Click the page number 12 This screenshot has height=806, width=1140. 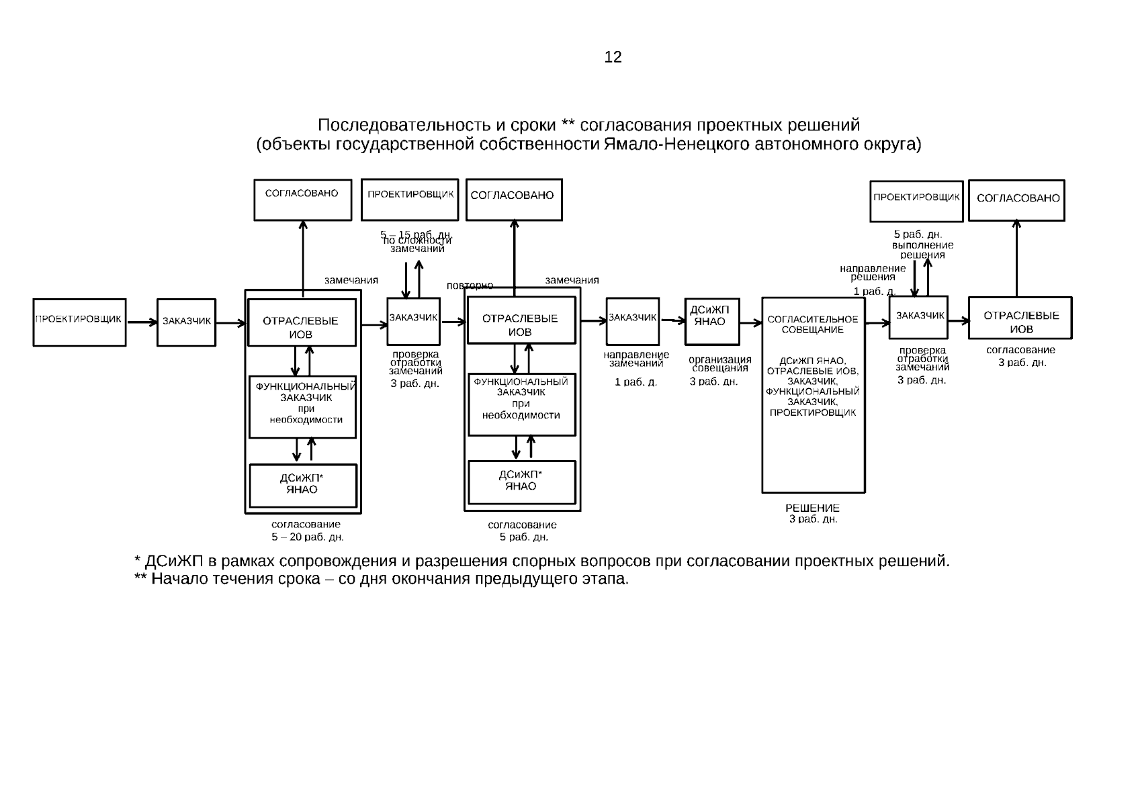(x=613, y=57)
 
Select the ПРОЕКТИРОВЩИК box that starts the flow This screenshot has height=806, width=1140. (x=79, y=322)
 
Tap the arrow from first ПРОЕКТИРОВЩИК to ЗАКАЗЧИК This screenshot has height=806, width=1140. (x=141, y=322)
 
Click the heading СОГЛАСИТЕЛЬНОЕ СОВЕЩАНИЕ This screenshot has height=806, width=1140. (x=813, y=324)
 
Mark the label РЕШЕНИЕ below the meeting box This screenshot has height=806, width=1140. (x=812, y=508)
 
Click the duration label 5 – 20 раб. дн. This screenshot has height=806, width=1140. (x=308, y=537)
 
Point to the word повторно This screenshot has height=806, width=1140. (x=470, y=285)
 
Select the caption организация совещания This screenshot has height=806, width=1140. (x=719, y=363)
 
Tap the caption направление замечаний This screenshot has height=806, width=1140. (x=636, y=359)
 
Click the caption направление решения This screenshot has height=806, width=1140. (x=873, y=272)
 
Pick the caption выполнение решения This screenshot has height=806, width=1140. (x=922, y=250)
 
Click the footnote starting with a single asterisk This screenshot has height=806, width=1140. (x=541, y=561)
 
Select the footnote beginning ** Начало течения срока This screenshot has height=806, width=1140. (x=381, y=579)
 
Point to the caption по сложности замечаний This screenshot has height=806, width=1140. (x=417, y=244)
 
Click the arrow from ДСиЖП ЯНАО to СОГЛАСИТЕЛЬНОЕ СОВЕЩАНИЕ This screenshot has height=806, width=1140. (x=751, y=323)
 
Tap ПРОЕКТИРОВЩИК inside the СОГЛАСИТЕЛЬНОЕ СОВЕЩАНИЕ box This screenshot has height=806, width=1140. (x=813, y=412)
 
